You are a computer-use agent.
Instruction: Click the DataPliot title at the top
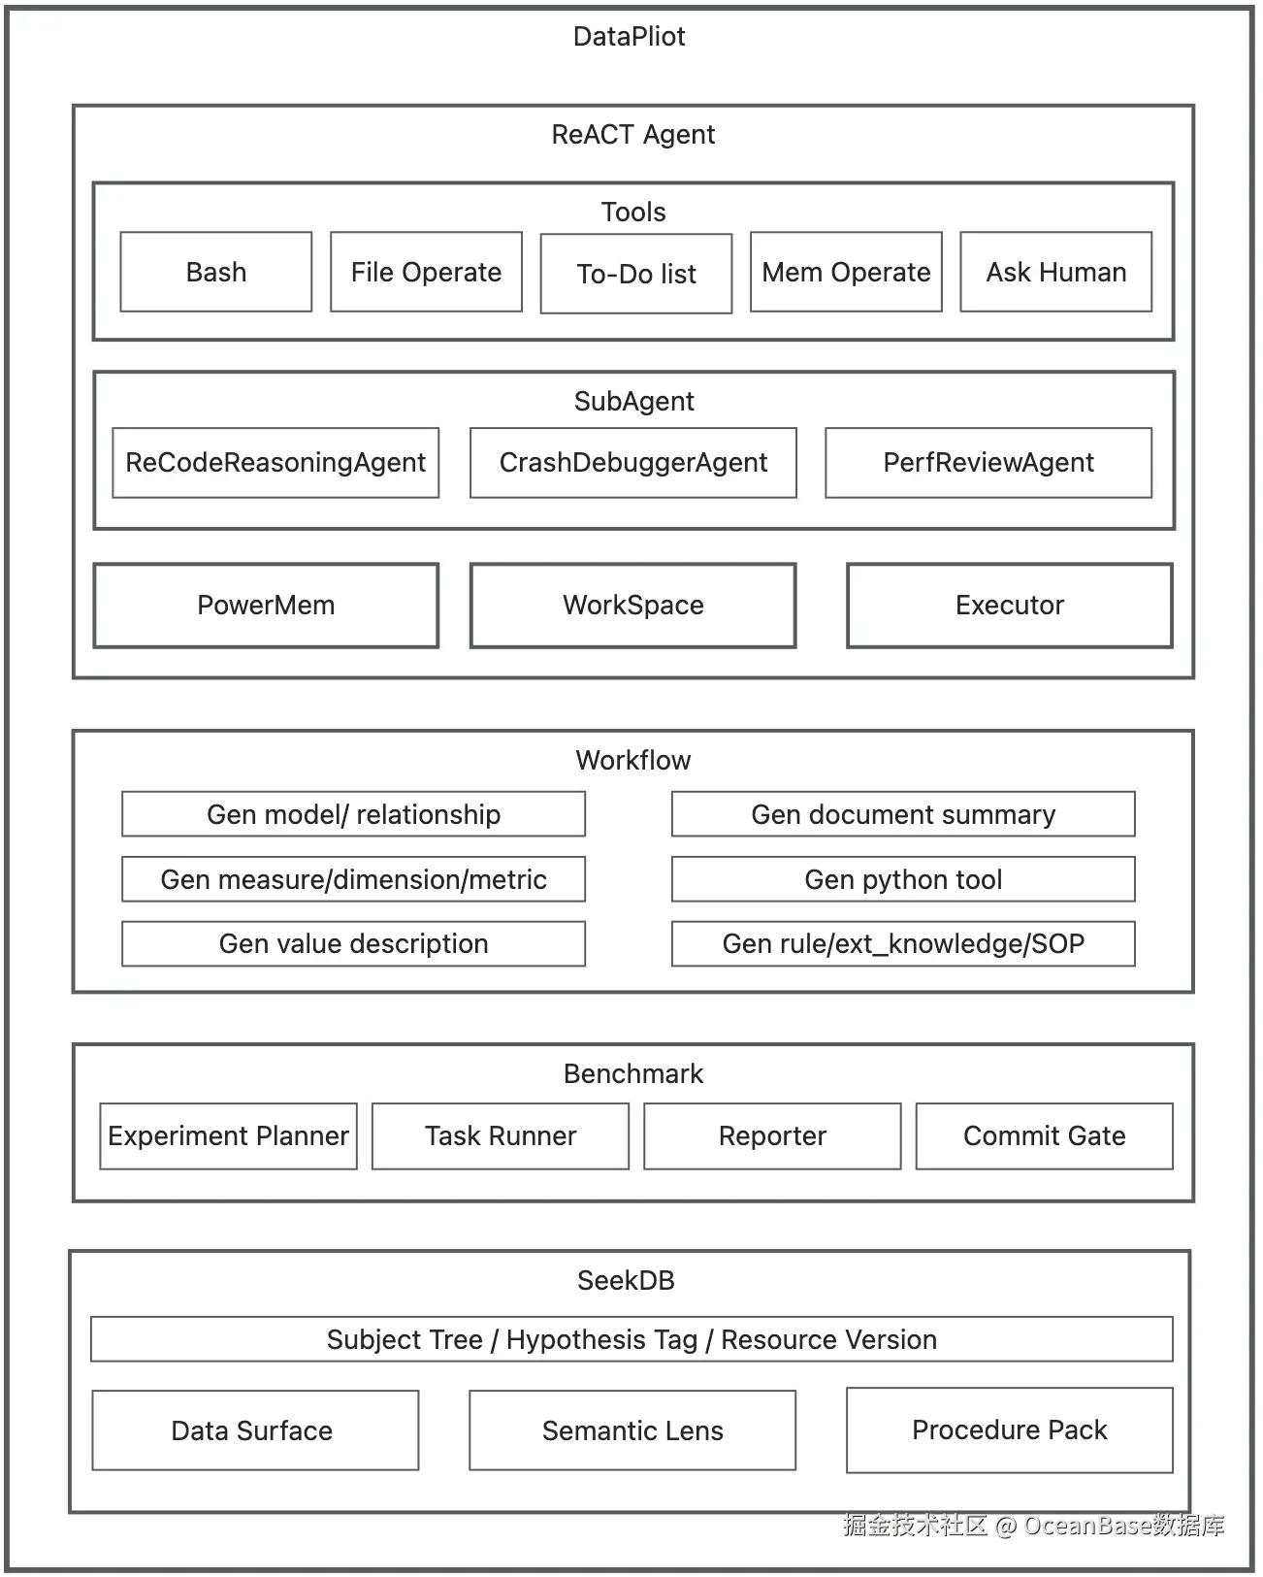click(629, 37)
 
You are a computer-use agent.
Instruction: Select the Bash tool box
click(216, 272)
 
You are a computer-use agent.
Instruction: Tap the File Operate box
click(426, 272)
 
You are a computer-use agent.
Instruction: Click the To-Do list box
click(636, 274)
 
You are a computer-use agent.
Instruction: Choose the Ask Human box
click(1055, 272)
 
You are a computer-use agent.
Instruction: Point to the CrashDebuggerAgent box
click(633, 463)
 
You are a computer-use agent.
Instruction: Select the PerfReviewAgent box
click(988, 463)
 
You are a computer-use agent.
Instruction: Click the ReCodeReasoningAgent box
click(275, 463)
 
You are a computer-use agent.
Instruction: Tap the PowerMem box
click(266, 606)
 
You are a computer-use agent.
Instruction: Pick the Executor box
click(1009, 606)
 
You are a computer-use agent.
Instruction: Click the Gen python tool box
click(903, 879)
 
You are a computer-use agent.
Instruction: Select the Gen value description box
click(353, 943)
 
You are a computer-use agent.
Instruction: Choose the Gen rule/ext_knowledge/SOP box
click(903, 943)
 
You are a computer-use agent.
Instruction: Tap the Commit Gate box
click(1044, 1135)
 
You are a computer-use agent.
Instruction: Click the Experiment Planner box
click(228, 1135)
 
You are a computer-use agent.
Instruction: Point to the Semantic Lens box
click(632, 1430)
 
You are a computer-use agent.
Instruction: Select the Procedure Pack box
click(1009, 1429)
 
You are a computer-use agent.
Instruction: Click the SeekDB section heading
click(626, 1280)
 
